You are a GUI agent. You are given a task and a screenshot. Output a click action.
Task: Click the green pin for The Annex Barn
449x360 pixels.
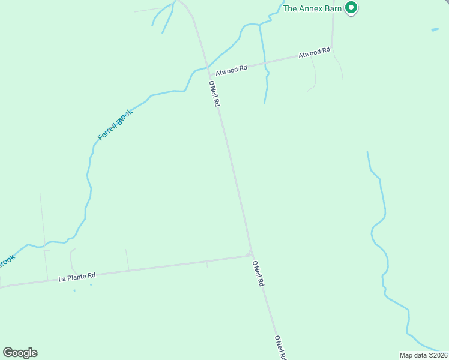(x=352, y=8)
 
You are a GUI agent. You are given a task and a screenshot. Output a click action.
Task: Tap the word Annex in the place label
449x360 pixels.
(x=313, y=8)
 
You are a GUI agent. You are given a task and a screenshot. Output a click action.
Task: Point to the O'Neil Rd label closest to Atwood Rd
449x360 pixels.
(x=215, y=94)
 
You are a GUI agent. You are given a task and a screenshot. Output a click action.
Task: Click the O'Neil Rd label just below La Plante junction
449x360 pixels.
(x=258, y=274)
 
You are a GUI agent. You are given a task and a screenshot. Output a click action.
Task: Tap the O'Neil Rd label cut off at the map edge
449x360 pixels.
(x=280, y=347)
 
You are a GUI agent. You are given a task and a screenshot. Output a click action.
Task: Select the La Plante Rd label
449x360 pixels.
(x=77, y=277)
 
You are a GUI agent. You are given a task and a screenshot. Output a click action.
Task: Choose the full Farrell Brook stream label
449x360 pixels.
(x=115, y=125)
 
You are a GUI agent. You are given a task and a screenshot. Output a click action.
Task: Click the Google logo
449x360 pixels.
(x=20, y=353)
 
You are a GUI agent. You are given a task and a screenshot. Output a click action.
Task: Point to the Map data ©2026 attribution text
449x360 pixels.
(x=423, y=355)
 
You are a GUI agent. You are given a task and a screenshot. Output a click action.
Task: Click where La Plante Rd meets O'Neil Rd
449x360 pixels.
(x=251, y=254)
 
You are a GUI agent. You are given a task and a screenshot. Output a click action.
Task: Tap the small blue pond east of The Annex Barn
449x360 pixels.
(x=435, y=29)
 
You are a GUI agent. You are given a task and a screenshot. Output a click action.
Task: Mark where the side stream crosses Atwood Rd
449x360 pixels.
(x=263, y=62)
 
